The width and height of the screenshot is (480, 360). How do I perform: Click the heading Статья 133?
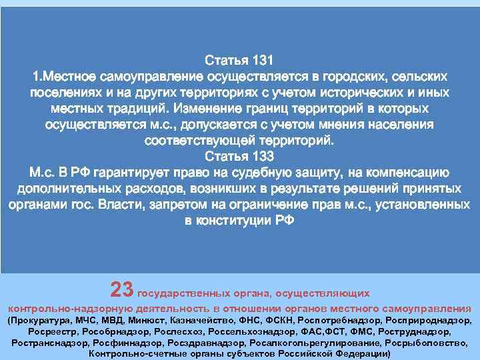(239, 157)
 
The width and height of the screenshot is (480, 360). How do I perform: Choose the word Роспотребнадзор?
(331, 320)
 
